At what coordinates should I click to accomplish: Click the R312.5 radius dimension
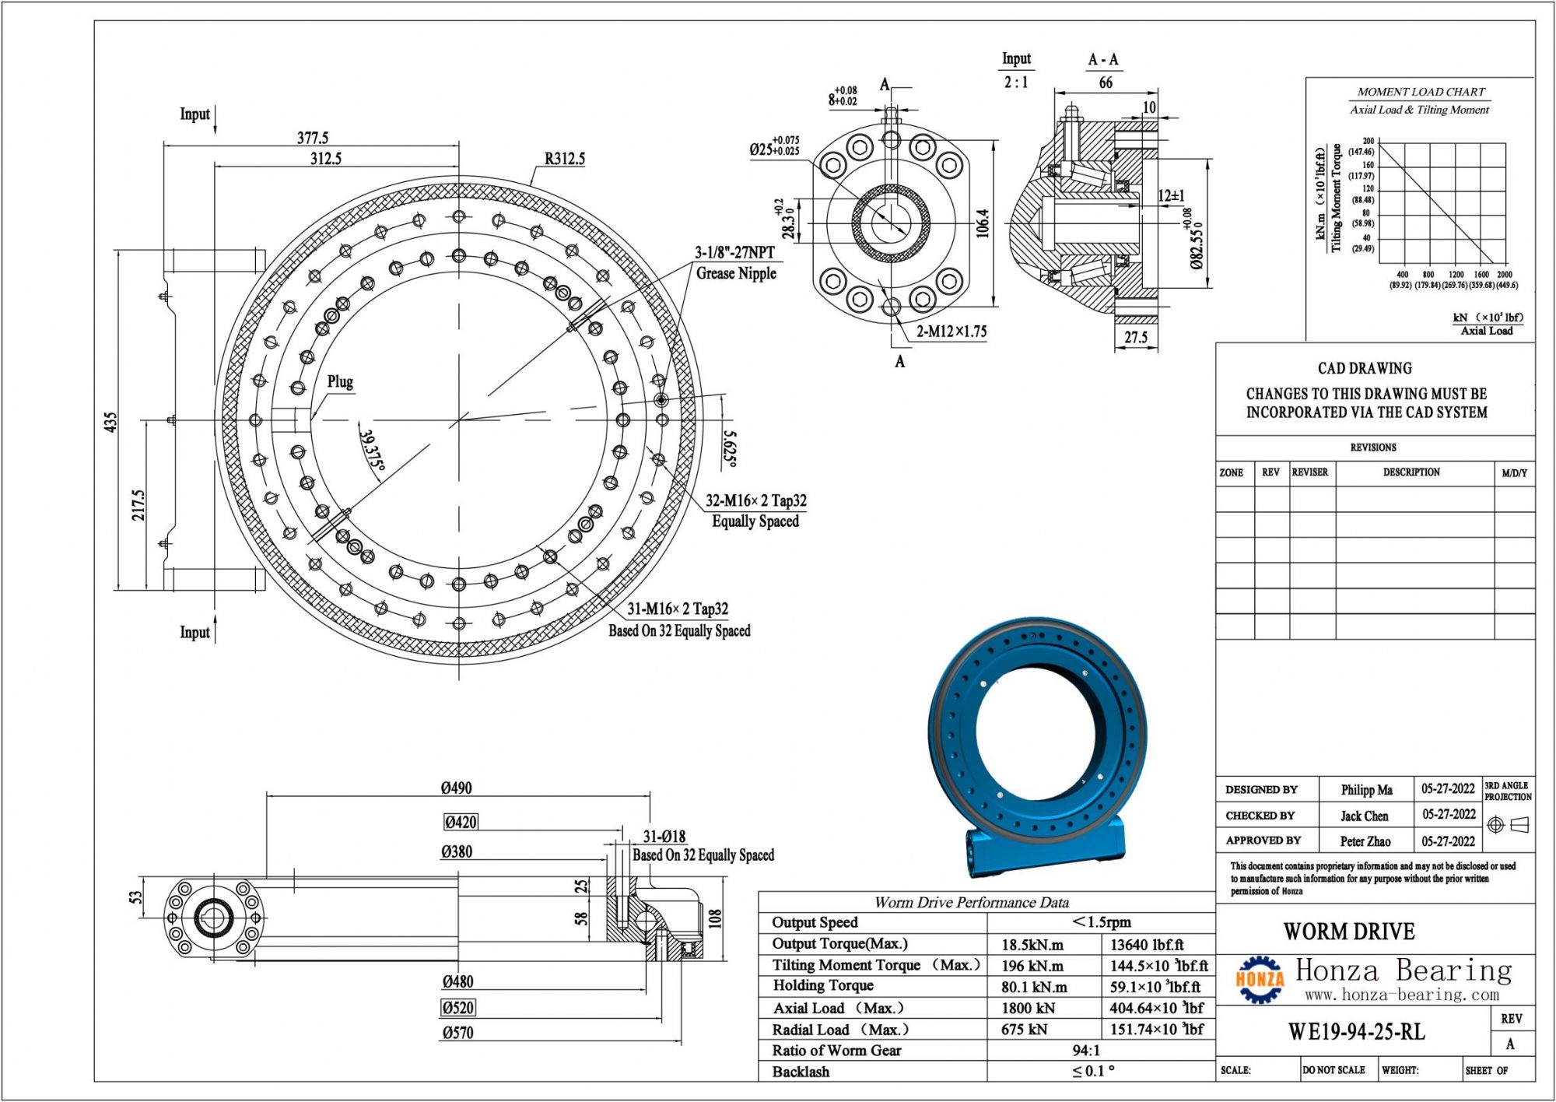tap(564, 159)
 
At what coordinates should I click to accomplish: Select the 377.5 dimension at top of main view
tap(313, 138)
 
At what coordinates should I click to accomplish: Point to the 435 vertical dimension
tap(110, 422)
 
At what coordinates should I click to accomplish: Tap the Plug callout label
tap(340, 381)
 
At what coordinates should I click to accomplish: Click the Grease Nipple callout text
tap(736, 273)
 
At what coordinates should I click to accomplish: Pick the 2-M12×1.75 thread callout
tap(951, 332)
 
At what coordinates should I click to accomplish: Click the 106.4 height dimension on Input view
tap(983, 223)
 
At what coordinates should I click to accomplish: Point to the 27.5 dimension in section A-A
tap(1136, 337)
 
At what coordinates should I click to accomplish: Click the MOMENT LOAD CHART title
tap(1421, 92)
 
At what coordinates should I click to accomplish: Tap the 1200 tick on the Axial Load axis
tap(1456, 275)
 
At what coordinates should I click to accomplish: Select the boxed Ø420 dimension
tap(461, 822)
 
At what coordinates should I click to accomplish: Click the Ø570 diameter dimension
tap(457, 1033)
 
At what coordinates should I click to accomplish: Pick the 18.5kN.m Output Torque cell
tap(1034, 945)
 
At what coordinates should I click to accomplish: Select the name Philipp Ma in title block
tap(1366, 789)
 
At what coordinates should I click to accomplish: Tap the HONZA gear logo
tap(1260, 979)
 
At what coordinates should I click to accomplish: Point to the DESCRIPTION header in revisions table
tap(1411, 472)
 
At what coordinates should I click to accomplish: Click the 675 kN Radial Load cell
tap(1024, 1029)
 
